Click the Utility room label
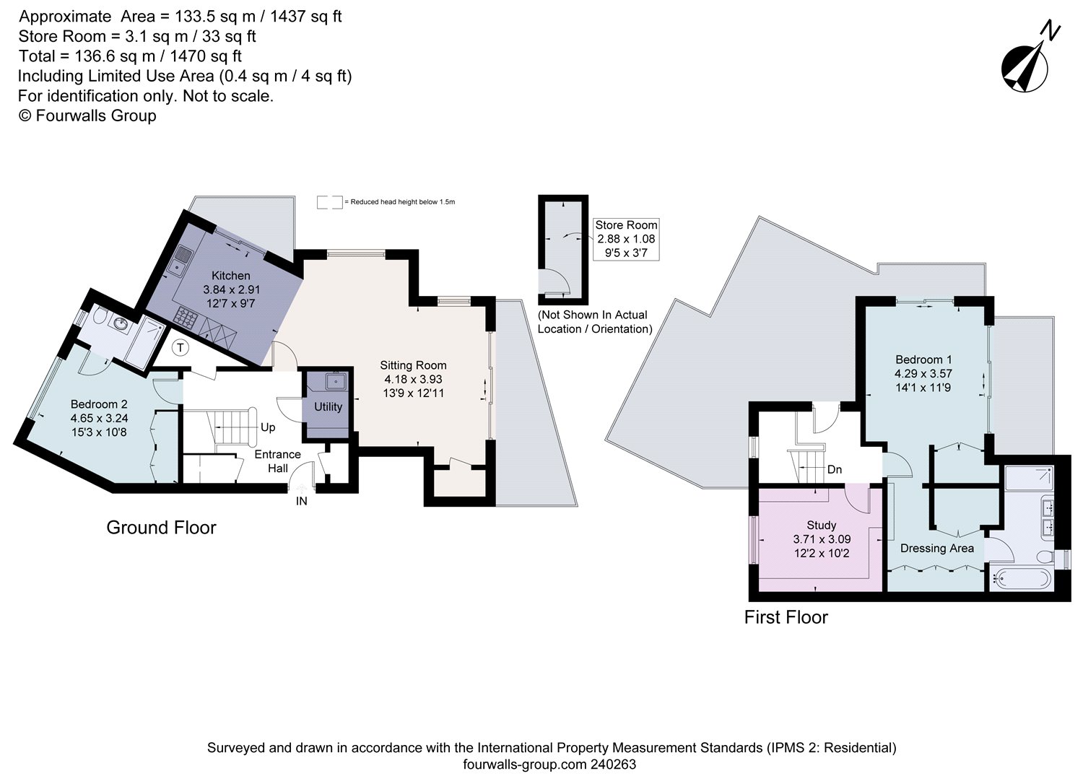pos(328,406)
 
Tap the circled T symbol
pos(181,348)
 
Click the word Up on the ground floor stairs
pos(268,427)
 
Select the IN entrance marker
pos(302,501)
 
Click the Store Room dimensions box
pos(625,239)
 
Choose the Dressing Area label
pos(936,548)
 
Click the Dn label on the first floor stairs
pos(835,469)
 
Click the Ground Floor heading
pos(161,528)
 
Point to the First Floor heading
pos(786,617)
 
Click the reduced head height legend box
pos(329,202)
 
